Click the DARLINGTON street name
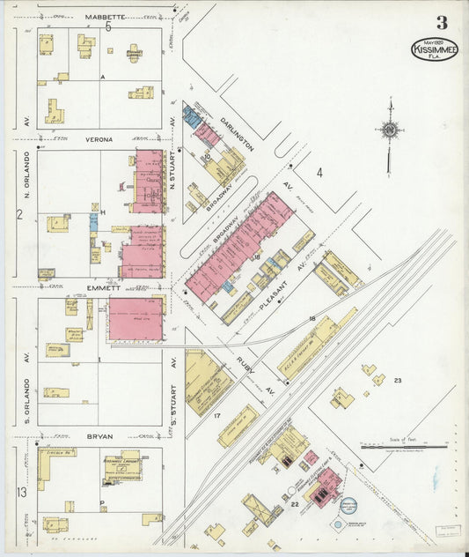(237, 131)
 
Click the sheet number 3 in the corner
(441, 23)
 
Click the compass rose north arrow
(388, 132)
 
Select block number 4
(319, 173)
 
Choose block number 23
(398, 380)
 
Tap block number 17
(216, 413)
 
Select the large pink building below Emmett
(136, 318)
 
